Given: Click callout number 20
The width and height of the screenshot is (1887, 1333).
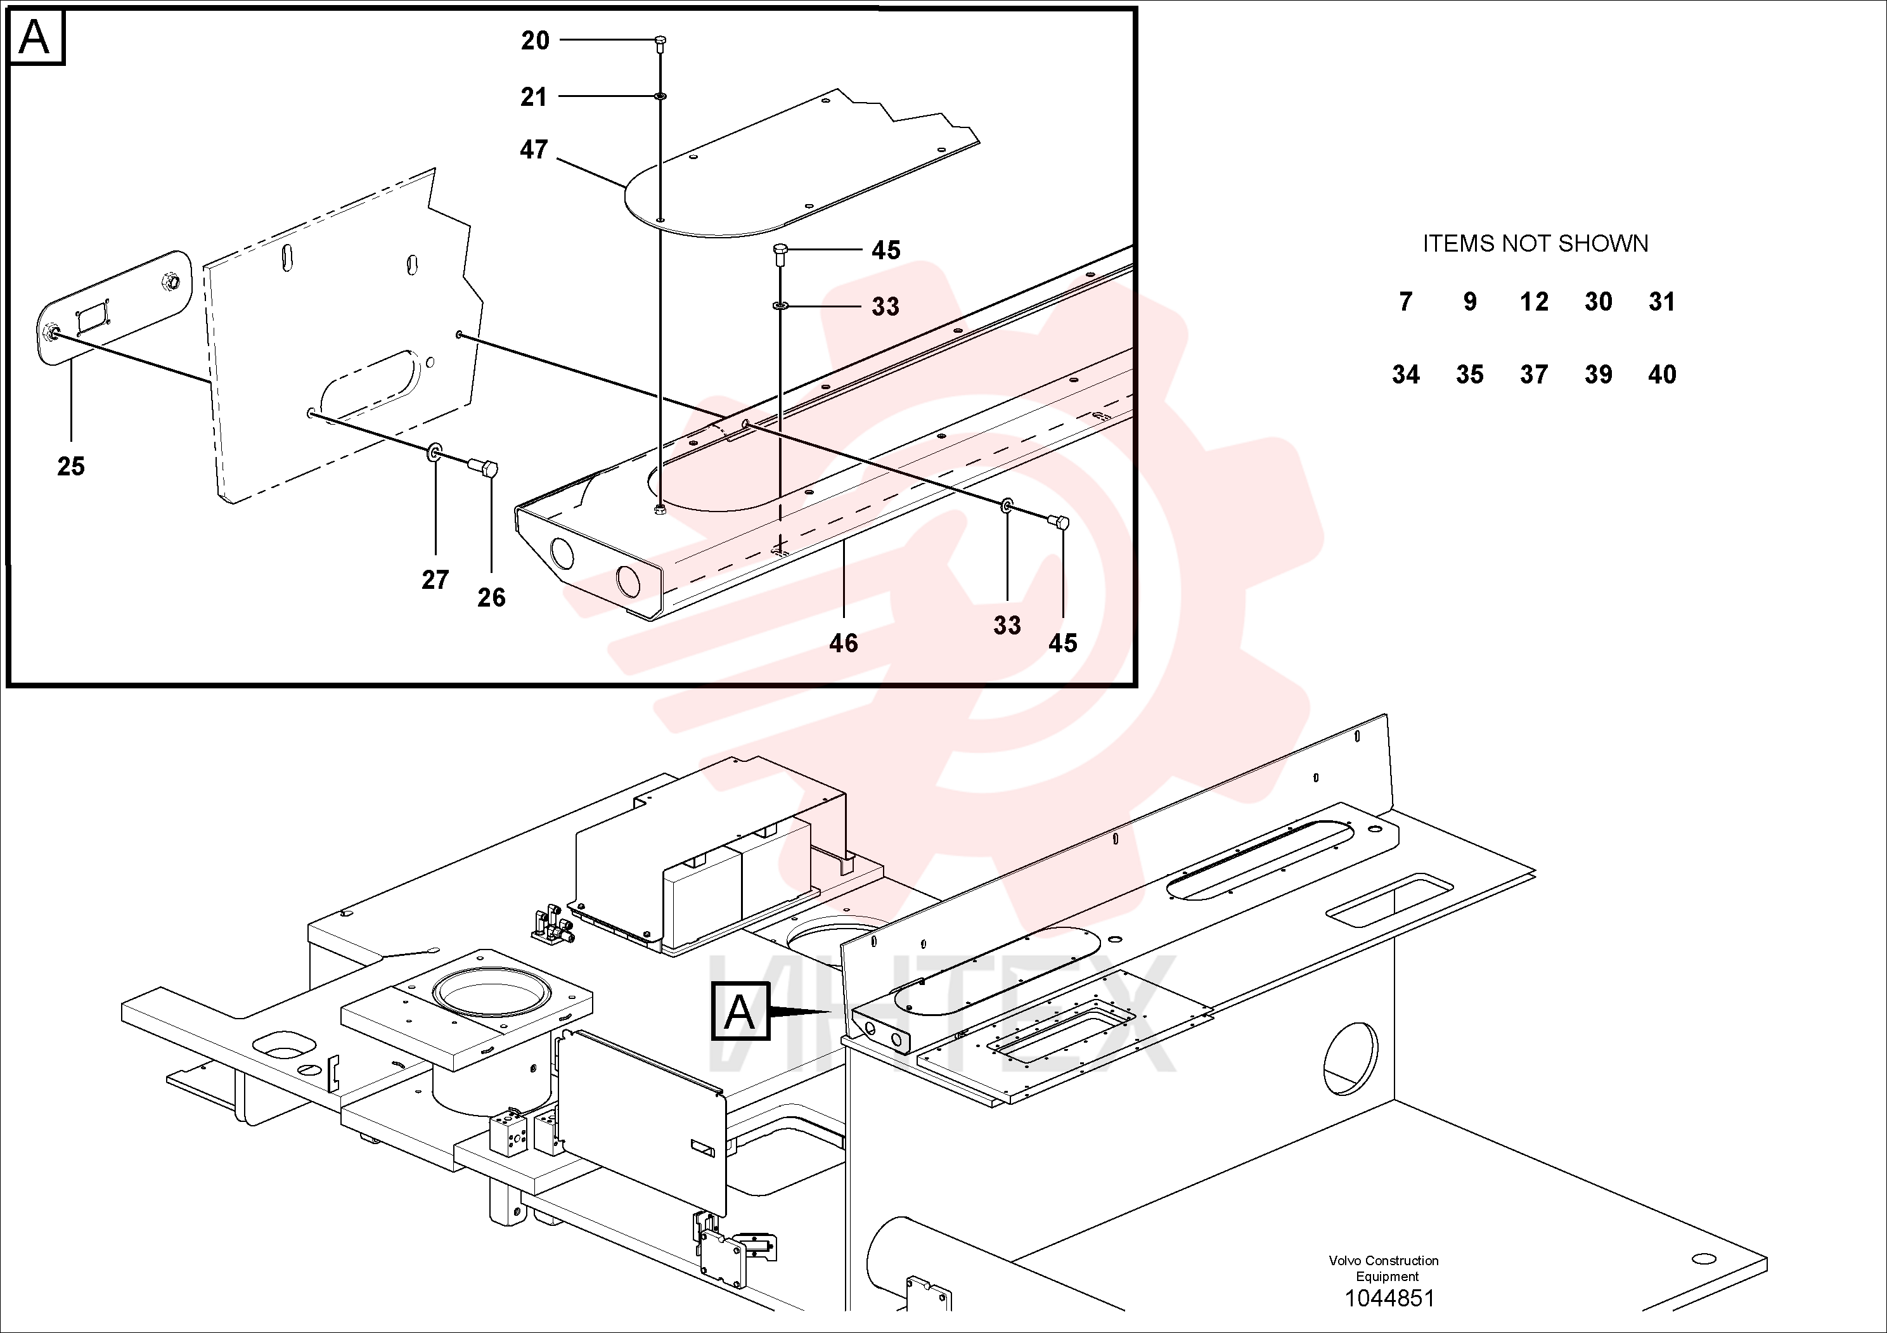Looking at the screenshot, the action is [535, 41].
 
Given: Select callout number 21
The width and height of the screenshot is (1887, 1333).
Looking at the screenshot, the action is [533, 97].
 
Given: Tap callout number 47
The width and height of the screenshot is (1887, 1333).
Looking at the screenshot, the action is [534, 150].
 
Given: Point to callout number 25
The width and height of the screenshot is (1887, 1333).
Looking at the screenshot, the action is [71, 467].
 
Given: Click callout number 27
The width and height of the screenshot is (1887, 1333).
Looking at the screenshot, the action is [435, 580].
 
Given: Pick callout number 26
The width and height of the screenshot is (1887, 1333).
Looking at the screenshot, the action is [491, 598].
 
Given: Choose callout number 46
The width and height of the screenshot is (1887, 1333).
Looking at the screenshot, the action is [843, 643].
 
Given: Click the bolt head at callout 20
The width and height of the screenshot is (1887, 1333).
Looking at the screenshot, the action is [660, 41].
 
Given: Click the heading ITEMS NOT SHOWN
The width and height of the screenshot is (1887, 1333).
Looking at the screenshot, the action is [1535, 244].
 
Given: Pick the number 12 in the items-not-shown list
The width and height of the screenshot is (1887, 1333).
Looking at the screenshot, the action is [1533, 302].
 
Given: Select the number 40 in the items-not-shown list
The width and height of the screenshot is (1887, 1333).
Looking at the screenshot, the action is [1662, 375].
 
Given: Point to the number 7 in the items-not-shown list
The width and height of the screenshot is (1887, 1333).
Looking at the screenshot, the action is [1406, 302].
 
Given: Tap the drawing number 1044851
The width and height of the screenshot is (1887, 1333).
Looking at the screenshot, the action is [1389, 1299].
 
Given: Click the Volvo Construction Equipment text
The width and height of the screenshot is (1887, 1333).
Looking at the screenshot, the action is [1384, 1269].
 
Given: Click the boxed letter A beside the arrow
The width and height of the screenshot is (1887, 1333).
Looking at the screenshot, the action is [740, 1012].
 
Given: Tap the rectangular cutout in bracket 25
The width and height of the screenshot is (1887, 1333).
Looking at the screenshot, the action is [91, 317].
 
